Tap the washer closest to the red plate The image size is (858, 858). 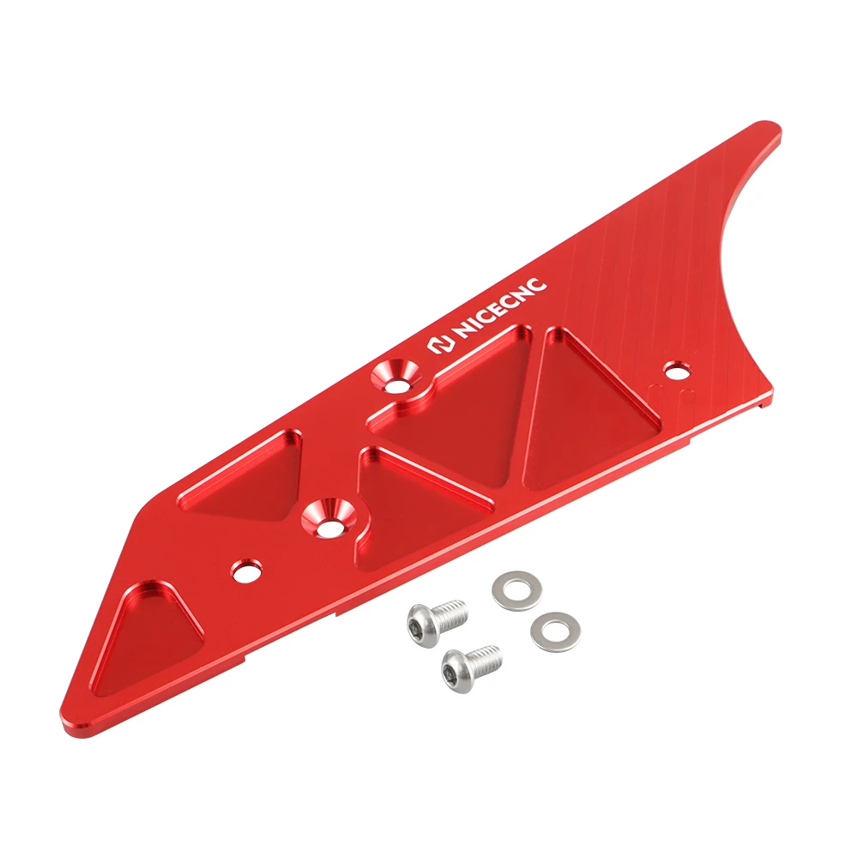(511, 589)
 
